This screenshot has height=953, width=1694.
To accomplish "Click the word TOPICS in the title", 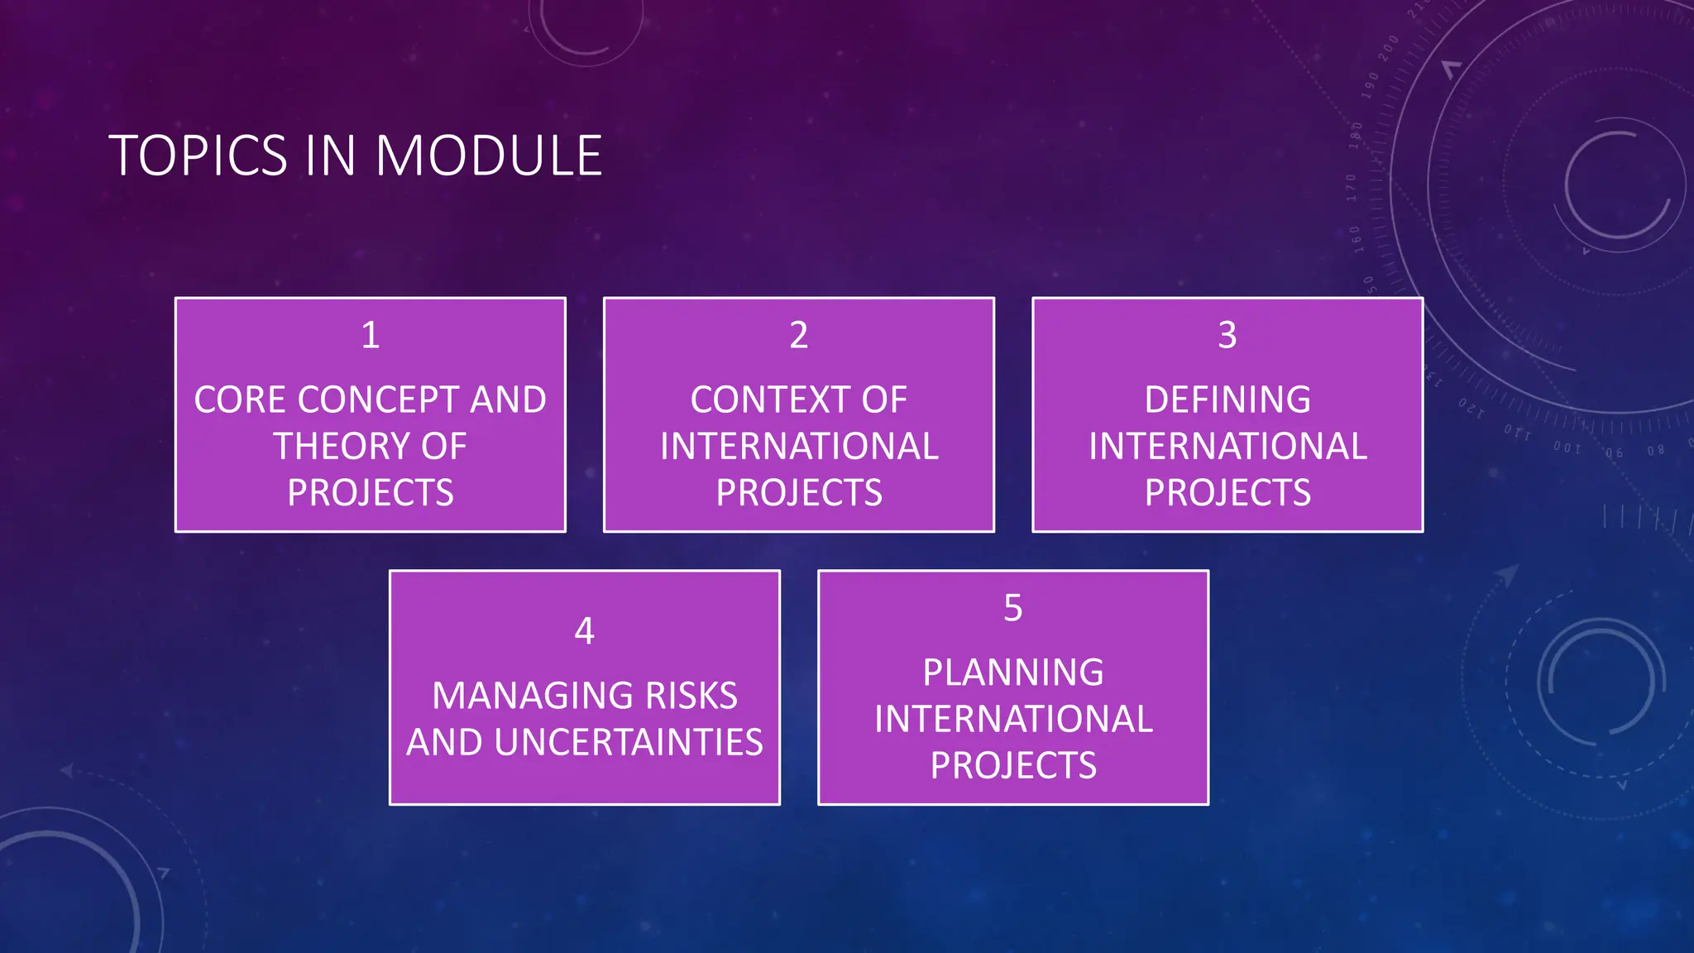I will [198, 156].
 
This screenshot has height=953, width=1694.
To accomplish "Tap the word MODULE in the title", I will [489, 156].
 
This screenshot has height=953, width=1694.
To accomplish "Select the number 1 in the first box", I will [371, 335].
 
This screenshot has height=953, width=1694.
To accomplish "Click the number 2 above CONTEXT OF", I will [798, 335].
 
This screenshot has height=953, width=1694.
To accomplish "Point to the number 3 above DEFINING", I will [1227, 335].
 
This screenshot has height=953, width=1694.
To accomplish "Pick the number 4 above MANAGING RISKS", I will [584, 631].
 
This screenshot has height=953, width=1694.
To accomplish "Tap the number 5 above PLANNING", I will [1013, 608].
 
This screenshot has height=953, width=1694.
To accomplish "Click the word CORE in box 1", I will [241, 400].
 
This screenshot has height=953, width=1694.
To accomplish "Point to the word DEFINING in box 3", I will [1227, 400].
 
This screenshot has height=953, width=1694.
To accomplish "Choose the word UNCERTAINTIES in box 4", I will [629, 742].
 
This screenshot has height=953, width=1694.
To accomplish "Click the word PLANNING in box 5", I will [1013, 673].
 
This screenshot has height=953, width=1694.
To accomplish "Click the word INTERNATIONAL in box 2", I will [799, 447].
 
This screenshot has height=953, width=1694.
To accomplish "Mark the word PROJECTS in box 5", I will [1013, 765].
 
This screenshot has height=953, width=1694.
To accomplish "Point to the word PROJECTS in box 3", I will [1227, 493].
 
